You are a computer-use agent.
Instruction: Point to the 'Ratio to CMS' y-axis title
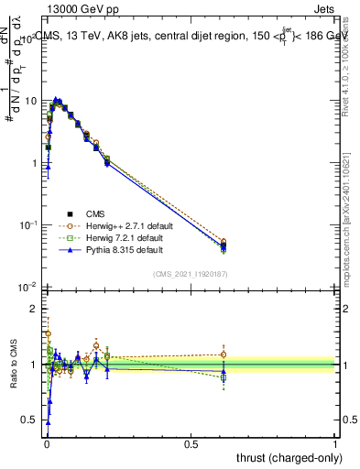coord(14,365)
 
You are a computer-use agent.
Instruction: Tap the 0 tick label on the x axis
coord(46,443)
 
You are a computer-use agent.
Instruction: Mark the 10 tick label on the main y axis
coord(29,100)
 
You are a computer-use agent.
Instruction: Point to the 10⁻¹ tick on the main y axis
coord(27,224)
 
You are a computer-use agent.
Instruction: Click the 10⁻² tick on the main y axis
coord(27,288)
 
